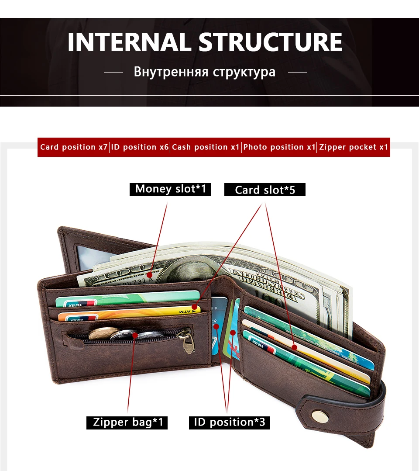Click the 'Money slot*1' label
(x=170, y=189)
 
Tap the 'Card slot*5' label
(x=265, y=190)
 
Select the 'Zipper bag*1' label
(x=127, y=423)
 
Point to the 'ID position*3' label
(x=230, y=423)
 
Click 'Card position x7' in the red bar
(x=73, y=147)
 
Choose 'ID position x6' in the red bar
(x=140, y=147)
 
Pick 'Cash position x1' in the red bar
(x=206, y=147)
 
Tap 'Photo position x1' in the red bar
(x=279, y=147)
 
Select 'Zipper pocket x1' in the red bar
(x=354, y=147)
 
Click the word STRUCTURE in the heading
(x=271, y=42)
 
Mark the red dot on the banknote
(x=150, y=275)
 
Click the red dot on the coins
(x=135, y=336)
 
